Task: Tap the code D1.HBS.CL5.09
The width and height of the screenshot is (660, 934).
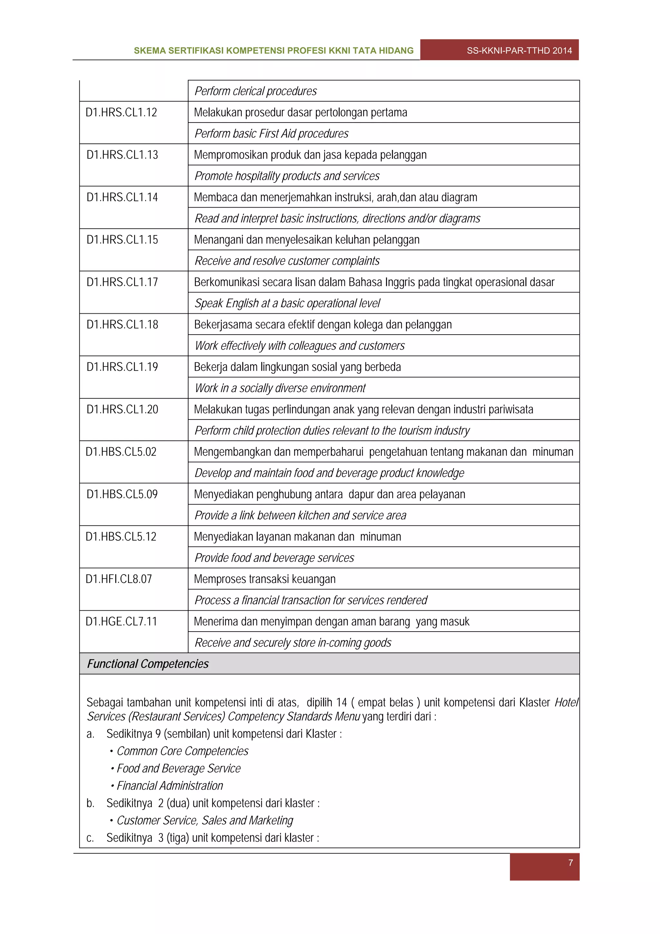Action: tap(122, 494)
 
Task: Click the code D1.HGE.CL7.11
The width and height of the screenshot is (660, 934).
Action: tap(121, 622)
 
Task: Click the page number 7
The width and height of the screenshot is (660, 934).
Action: tap(570, 862)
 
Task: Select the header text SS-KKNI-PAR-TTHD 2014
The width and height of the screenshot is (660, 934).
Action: tap(519, 50)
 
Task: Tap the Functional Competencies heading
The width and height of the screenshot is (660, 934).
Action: tap(148, 664)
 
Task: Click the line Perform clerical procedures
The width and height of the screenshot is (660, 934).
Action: tap(255, 91)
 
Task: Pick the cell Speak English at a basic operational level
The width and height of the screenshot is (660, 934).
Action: tap(287, 303)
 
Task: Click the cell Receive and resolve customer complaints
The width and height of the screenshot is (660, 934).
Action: tap(287, 261)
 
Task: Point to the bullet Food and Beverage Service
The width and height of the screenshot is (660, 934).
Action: tap(179, 768)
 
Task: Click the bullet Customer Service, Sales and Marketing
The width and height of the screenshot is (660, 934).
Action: tap(205, 821)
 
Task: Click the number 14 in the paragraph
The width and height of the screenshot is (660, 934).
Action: tap(342, 703)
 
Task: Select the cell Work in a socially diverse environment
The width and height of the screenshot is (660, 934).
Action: tap(280, 388)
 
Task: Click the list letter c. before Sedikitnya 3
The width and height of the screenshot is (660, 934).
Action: tap(90, 838)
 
